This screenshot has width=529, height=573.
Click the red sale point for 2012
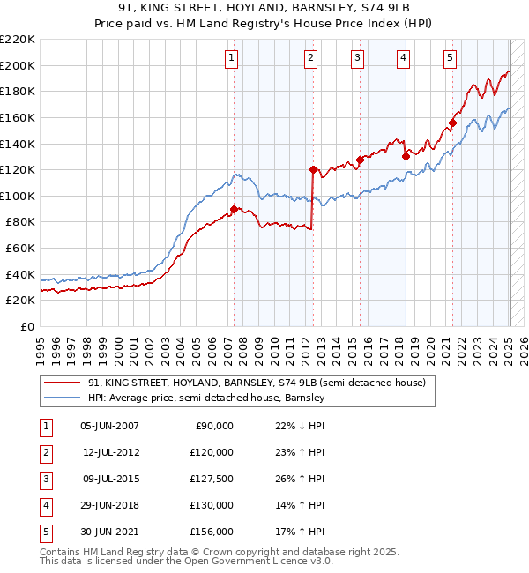pyautogui.click(x=313, y=169)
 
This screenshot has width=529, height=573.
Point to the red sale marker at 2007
pyautogui.click(x=234, y=209)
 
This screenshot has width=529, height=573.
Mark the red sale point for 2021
pyautogui.click(x=452, y=123)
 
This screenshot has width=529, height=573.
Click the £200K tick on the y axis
pyautogui.click(x=18, y=65)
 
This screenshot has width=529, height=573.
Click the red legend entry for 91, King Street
pyautogui.click(x=257, y=383)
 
